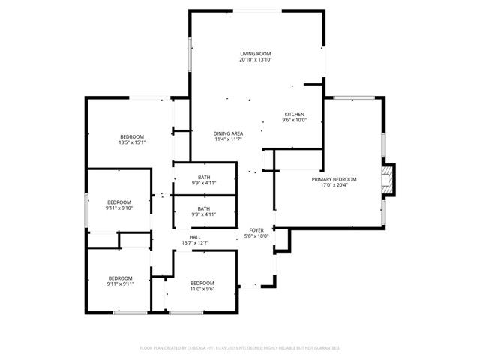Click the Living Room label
(x=255, y=54)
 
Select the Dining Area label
(x=228, y=133)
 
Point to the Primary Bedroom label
(x=334, y=179)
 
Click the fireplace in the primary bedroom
(x=387, y=180)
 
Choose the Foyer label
(x=256, y=229)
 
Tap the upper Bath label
(x=204, y=177)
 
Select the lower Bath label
(x=204, y=208)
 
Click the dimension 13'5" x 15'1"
(x=131, y=142)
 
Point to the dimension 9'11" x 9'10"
(x=119, y=208)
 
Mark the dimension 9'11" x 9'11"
(x=119, y=283)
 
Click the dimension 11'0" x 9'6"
(x=202, y=288)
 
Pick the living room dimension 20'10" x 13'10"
(x=255, y=60)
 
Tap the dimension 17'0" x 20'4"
(x=334, y=185)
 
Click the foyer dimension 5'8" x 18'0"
(x=256, y=235)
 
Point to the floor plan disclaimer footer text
(x=240, y=348)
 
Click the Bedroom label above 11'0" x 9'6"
(x=202, y=282)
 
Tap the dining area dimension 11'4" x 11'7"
(x=228, y=139)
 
